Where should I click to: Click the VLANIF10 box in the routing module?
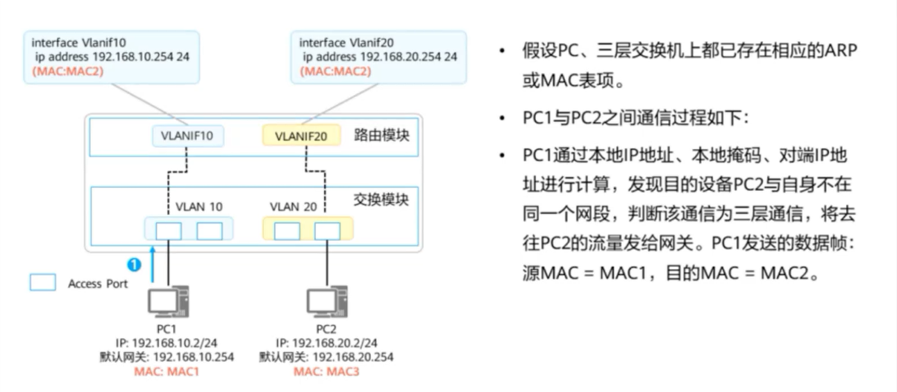point(188,136)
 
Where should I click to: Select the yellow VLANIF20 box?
point(301,136)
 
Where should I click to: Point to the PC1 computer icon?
point(169,302)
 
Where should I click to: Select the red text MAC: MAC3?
point(326,371)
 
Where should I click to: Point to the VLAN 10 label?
point(199,207)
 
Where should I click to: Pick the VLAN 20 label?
point(294,207)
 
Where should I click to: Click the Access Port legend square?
point(42,283)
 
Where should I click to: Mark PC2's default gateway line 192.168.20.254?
point(326,357)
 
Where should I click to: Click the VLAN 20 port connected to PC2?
point(326,230)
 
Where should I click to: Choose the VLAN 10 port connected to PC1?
point(169,230)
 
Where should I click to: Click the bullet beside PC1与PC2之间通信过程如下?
point(501,119)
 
